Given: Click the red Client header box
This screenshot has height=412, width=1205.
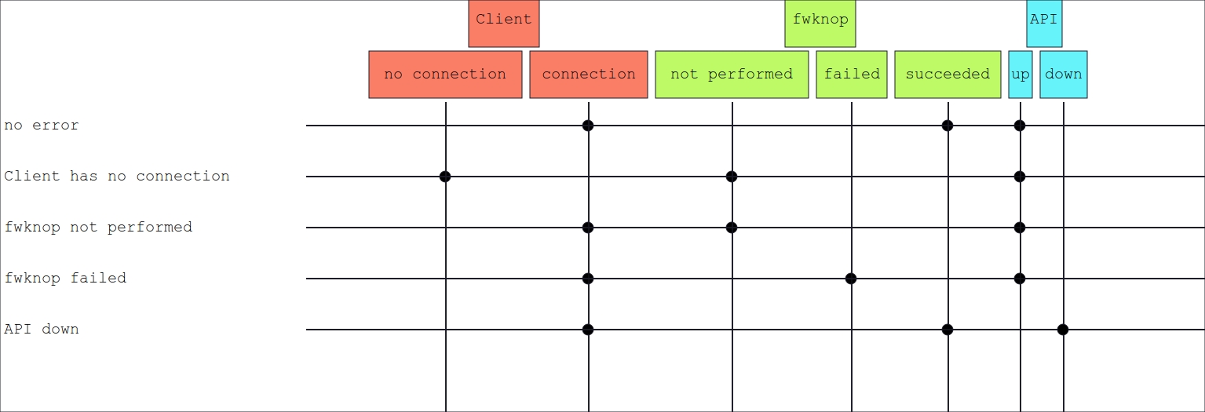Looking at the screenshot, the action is [503, 24].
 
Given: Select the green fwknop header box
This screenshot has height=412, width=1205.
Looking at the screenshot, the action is [820, 24].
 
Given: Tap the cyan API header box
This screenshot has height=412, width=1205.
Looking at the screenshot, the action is [1044, 24].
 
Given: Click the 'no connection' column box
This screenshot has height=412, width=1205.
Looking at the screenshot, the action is [445, 75].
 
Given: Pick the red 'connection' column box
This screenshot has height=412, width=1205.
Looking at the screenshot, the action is [589, 75].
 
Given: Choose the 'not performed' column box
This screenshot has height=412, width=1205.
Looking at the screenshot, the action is [732, 75].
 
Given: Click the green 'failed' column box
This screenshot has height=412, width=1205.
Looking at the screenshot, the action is [852, 75].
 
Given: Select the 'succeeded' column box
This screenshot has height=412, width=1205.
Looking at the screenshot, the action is [948, 75].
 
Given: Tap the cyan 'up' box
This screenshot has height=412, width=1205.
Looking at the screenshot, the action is [1021, 75].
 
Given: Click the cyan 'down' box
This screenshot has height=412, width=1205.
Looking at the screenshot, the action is [1064, 75].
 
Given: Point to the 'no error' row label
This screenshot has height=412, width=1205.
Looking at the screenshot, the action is [42, 126].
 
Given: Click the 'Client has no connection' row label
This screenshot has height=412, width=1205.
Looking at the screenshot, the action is [117, 177].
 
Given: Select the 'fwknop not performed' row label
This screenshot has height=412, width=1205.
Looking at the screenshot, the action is [98, 228].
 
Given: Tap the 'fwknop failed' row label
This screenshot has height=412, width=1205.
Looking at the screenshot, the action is [65, 278].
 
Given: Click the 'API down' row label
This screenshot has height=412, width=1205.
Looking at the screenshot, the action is [42, 329].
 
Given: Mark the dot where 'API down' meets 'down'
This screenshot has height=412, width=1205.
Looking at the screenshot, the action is [1062, 329].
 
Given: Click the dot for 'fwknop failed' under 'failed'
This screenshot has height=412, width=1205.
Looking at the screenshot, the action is [850, 279].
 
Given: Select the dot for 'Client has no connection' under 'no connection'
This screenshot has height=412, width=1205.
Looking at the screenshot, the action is [445, 177].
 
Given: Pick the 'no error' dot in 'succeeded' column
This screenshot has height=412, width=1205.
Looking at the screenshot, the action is [948, 126].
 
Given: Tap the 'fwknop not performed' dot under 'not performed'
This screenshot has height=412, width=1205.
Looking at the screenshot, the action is [731, 228].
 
